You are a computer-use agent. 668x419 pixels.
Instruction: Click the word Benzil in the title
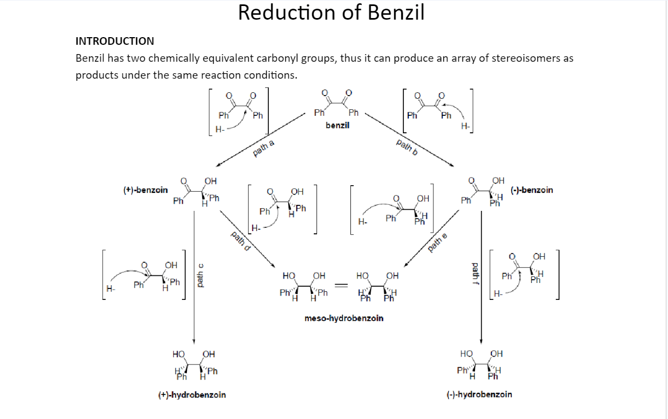tap(396, 13)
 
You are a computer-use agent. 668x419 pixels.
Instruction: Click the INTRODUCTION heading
tap(115, 41)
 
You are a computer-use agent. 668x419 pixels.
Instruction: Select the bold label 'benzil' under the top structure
tap(337, 126)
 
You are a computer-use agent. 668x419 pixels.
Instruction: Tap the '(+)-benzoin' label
tap(145, 190)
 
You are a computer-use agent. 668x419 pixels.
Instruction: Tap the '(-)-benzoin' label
tap(532, 190)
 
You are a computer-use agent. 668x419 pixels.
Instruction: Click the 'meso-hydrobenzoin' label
tap(344, 318)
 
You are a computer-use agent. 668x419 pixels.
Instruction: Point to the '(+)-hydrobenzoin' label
tap(192, 395)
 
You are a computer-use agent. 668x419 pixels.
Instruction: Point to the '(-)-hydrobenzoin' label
tap(479, 394)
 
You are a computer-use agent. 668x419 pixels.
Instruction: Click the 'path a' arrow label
tap(263, 148)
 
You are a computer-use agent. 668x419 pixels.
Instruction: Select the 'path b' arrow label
tap(407, 147)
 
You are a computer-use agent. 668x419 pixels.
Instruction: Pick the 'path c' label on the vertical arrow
tap(201, 276)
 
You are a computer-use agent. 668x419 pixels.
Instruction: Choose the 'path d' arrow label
tap(241, 241)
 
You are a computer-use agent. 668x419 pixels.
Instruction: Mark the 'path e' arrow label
tap(437, 243)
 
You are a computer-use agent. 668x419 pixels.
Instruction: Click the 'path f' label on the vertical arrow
tap(476, 274)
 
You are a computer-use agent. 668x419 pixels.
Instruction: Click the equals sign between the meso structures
tap(341, 286)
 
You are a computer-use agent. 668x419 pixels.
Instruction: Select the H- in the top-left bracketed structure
tap(220, 129)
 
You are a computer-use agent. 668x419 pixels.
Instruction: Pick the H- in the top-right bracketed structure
tap(465, 126)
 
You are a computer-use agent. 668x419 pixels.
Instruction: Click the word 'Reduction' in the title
tap(288, 13)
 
